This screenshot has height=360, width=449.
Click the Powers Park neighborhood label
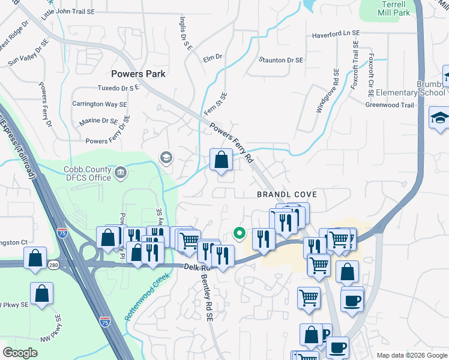pos(138,74)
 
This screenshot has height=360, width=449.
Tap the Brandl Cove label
pos(286,195)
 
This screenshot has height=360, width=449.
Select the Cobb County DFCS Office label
pos(88,173)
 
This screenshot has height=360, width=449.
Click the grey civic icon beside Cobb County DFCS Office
pos(121,173)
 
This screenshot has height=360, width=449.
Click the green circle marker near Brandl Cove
pos(239,233)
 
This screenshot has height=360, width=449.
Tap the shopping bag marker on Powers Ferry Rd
pos(221,160)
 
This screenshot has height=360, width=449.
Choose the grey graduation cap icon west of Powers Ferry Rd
pos(166,158)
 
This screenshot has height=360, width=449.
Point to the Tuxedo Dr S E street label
pos(118,88)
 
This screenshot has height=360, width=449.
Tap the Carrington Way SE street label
pos(100,104)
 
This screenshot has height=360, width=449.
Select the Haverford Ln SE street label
pos(336,35)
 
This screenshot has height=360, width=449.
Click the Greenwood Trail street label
pos(390,105)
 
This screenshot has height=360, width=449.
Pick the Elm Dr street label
pos(212,58)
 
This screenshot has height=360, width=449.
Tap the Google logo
pos(20,353)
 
